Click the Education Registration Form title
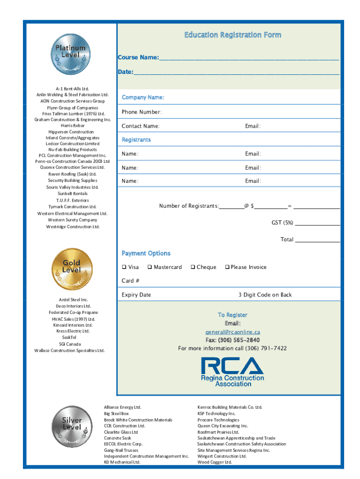point(232,35)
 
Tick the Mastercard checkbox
point(150,267)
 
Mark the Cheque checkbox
point(192,267)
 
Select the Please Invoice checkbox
point(227,267)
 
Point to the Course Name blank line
point(249,59)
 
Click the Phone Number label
point(142,112)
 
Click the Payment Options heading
point(146,254)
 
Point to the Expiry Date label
point(136,295)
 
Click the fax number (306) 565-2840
point(232,340)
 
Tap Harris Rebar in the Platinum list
point(72,125)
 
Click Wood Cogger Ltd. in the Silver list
point(214,462)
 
